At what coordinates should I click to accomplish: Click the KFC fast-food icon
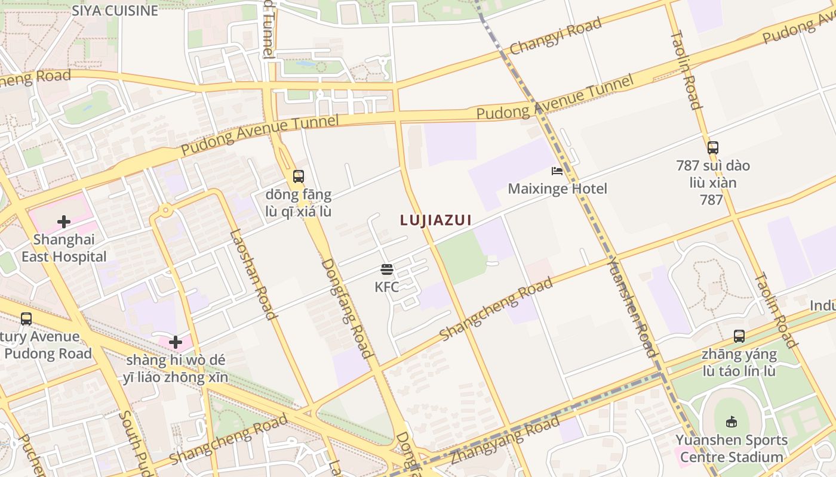tap(386, 270)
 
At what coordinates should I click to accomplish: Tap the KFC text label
tap(386, 287)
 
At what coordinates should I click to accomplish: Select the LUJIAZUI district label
tap(436, 220)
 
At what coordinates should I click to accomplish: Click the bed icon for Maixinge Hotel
tap(557, 171)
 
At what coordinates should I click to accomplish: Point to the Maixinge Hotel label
tap(557, 189)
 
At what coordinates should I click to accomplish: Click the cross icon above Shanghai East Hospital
tap(64, 222)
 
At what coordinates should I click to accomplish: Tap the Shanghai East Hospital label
tap(64, 248)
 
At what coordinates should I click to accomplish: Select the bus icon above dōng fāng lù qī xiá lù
tap(299, 176)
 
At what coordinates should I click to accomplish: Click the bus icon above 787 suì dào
tap(712, 147)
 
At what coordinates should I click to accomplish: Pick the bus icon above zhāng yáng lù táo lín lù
tap(739, 336)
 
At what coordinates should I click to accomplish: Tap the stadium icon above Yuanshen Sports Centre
tap(732, 422)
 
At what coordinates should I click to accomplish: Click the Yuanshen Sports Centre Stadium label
tap(732, 448)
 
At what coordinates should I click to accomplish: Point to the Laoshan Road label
tap(253, 274)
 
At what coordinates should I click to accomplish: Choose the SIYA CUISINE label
tap(115, 10)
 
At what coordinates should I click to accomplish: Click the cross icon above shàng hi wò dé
tap(175, 342)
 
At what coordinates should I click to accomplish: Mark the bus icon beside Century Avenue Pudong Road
tap(26, 318)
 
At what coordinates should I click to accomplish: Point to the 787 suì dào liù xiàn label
tap(712, 182)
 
